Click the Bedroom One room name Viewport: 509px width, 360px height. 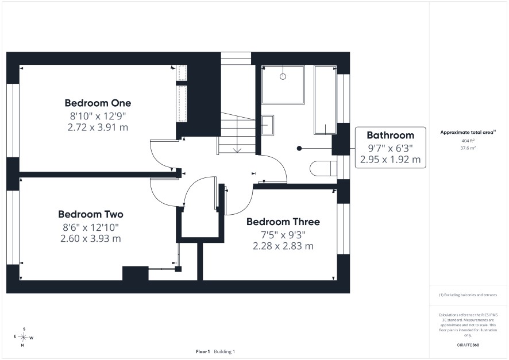98,103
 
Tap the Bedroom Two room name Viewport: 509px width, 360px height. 91,214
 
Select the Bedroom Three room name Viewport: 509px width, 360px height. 283,222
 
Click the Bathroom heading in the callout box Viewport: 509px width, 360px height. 391,136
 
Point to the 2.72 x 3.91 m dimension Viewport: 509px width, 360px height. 98,127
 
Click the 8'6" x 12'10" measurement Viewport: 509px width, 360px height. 91,227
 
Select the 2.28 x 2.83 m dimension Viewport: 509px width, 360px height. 283,246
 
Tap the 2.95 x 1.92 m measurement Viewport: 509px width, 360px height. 391,160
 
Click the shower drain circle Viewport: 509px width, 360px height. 283,76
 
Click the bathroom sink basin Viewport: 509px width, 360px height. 268,125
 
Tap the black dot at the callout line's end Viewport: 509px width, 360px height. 299,148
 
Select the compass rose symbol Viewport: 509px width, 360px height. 24,337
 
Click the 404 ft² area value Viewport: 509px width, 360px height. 468,141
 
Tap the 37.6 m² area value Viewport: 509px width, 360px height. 468,148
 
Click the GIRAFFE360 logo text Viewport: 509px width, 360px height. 468,344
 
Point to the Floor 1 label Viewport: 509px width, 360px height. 203,351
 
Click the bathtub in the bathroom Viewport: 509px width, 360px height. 325,100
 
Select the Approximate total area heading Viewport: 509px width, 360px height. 468,132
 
